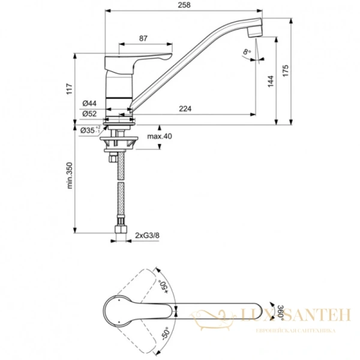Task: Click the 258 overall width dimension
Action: pyautogui.click(x=184, y=5)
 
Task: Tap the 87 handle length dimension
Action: pyautogui.click(x=143, y=38)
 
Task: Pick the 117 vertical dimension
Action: pyautogui.click(x=69, y=91)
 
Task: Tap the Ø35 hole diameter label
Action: pyautogui.click(x=89, y=130)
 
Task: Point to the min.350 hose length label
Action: pyautogui.click(x=69, y=178)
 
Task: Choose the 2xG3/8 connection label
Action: pyautogui.click(x=147, y=235)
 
